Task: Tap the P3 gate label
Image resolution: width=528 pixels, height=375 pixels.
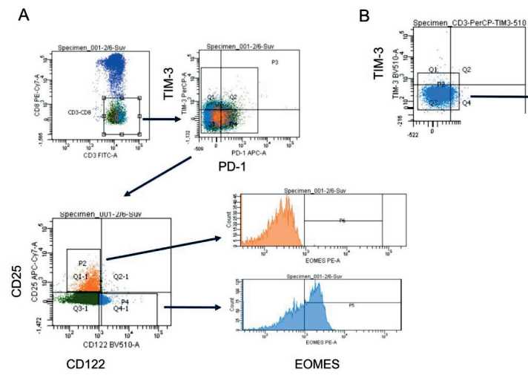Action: (274, 60)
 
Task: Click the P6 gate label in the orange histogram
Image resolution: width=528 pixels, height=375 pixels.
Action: (342, 221)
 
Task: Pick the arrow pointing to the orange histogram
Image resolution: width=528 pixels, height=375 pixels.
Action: (163, 249)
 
